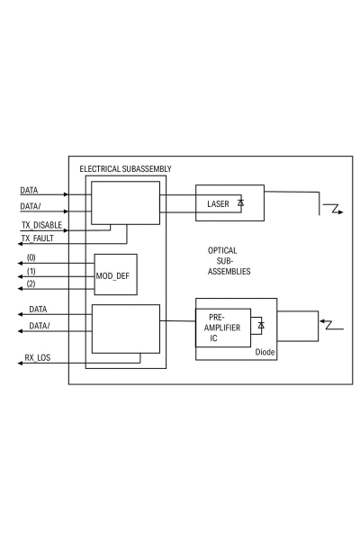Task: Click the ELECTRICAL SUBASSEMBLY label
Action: pos(126,169)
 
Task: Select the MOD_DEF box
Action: pos(116,274)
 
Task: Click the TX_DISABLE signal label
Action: pos(40,223)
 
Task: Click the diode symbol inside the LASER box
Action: pos(240,203)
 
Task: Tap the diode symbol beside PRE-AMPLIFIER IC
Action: pos(260,324)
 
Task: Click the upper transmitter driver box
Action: pos(127,202)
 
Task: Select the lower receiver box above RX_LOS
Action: pos(127,328)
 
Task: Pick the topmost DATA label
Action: pos(30,191)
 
